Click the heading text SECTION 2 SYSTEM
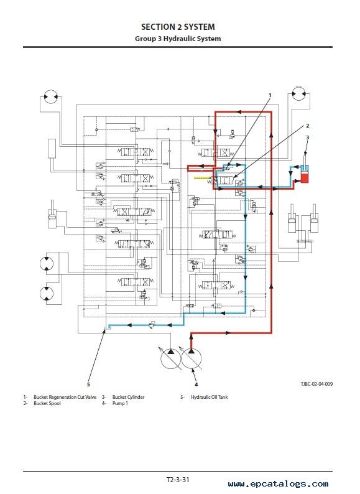pos(178,27)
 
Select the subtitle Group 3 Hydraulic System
pos(178,39)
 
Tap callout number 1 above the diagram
pos(270,95)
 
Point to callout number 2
pos(307,126)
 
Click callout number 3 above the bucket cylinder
pos(307,137)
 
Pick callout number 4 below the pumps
pos(196,384)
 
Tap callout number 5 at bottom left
pos(88,384)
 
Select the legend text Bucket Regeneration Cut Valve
pos(65,397)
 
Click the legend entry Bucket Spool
pos(47,403)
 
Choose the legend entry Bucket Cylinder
pos(128,397)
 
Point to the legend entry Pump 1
pos(120,403)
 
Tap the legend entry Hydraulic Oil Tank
pos(209,397)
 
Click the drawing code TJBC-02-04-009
pos(316,384)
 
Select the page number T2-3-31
pos(178,480)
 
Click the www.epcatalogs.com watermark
pos(278,483)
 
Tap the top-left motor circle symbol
pos(50,96)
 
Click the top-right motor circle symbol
pos(298,93)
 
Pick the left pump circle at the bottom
pos(171,358)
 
